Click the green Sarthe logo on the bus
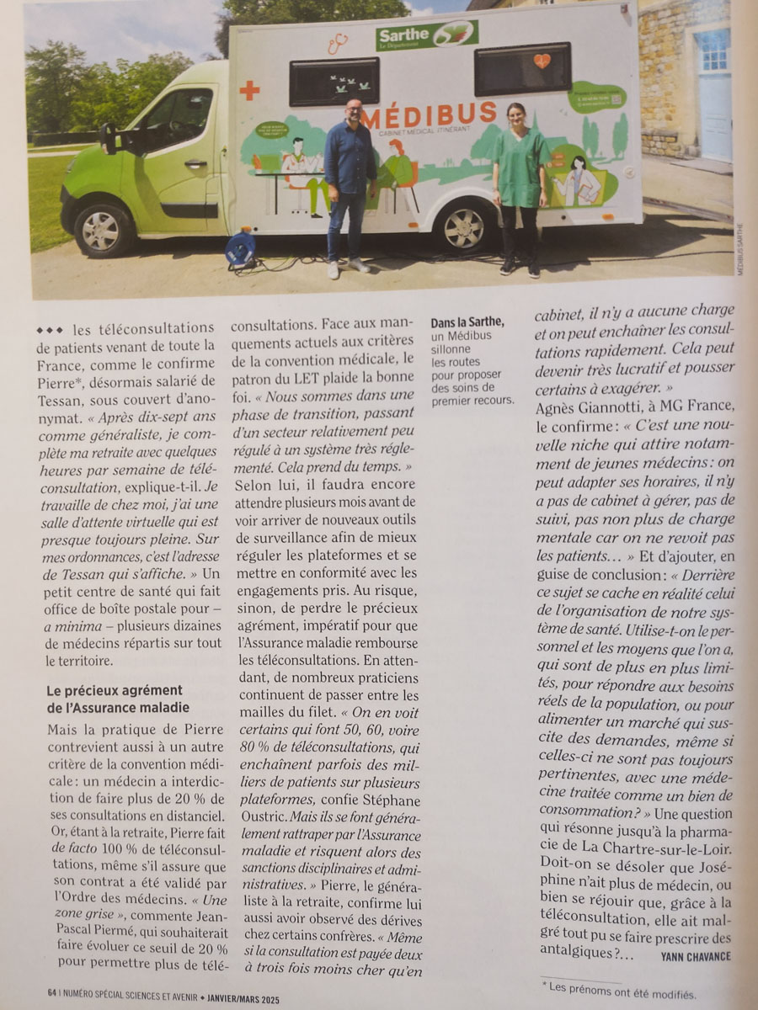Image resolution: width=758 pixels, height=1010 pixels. pos(427,35)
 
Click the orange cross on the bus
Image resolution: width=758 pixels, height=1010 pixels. pos(249,90)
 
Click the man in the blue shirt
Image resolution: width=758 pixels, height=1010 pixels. pos(350,185)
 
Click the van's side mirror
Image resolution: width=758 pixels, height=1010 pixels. pos(109,137)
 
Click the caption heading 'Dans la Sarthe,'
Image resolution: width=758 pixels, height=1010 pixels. pos(467,323)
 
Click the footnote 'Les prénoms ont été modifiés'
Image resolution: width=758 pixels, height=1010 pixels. pos(623,993)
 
